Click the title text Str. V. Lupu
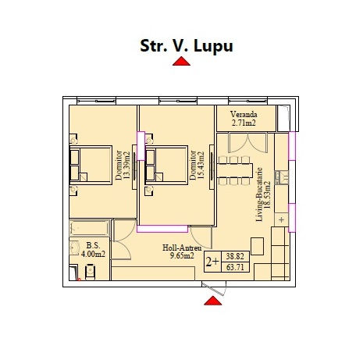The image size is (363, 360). (187, 46)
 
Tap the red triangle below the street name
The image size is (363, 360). (181, 62)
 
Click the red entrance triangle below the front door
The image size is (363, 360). (213, 301)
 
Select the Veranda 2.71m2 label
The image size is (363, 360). (244, 119)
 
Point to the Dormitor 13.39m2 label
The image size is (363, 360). (123, 166)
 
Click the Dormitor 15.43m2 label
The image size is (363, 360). (198, 166)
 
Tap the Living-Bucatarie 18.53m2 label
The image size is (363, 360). (263, 194)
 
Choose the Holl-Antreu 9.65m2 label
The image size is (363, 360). (182, 251)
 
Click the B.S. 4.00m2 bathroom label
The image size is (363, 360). (93, 249)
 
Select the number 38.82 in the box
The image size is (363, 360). (235, 256)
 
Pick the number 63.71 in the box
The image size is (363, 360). (235, 267)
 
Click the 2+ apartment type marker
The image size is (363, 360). (212, 262)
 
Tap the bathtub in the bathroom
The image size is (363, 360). (89, 228)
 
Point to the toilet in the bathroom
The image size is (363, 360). (90, 273)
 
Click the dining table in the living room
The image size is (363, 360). (235, 170)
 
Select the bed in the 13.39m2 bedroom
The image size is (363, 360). (91, 165)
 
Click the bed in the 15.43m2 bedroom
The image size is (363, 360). (166, 165)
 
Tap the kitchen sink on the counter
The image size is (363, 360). (282, 178)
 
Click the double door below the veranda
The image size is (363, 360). (247, 143)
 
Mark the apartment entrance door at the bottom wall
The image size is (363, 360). (214, 288)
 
